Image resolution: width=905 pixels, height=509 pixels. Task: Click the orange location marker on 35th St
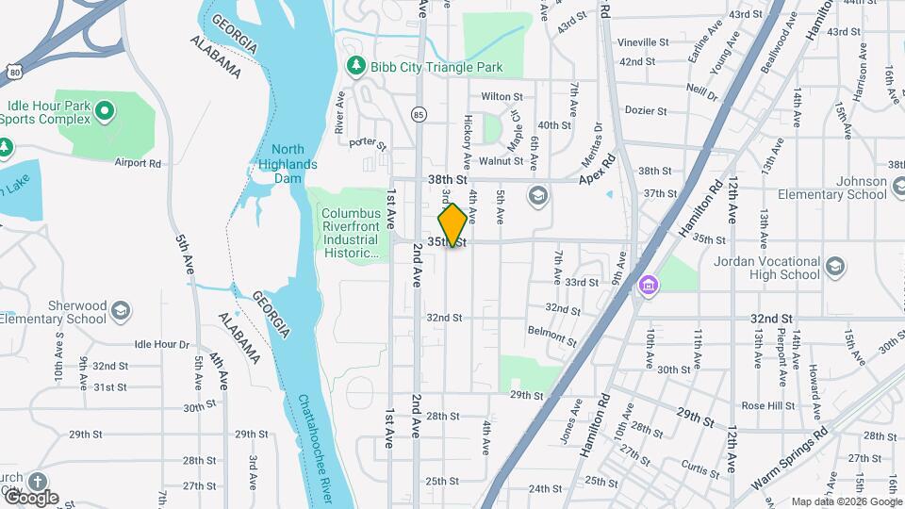coord(452,225)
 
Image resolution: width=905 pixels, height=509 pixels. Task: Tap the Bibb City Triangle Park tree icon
coord(355,67)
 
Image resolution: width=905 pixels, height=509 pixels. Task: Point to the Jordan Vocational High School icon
coord(834,268)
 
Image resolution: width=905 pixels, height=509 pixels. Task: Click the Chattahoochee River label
coord(315,443)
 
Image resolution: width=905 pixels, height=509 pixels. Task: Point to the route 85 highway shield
coord(418,114)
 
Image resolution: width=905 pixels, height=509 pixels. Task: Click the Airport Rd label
coord(138,163)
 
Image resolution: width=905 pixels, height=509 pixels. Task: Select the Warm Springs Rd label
coord(790,461)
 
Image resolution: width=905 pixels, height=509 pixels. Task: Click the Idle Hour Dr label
coord(162,345)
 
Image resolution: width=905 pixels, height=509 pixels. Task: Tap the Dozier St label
coord(646,111)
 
